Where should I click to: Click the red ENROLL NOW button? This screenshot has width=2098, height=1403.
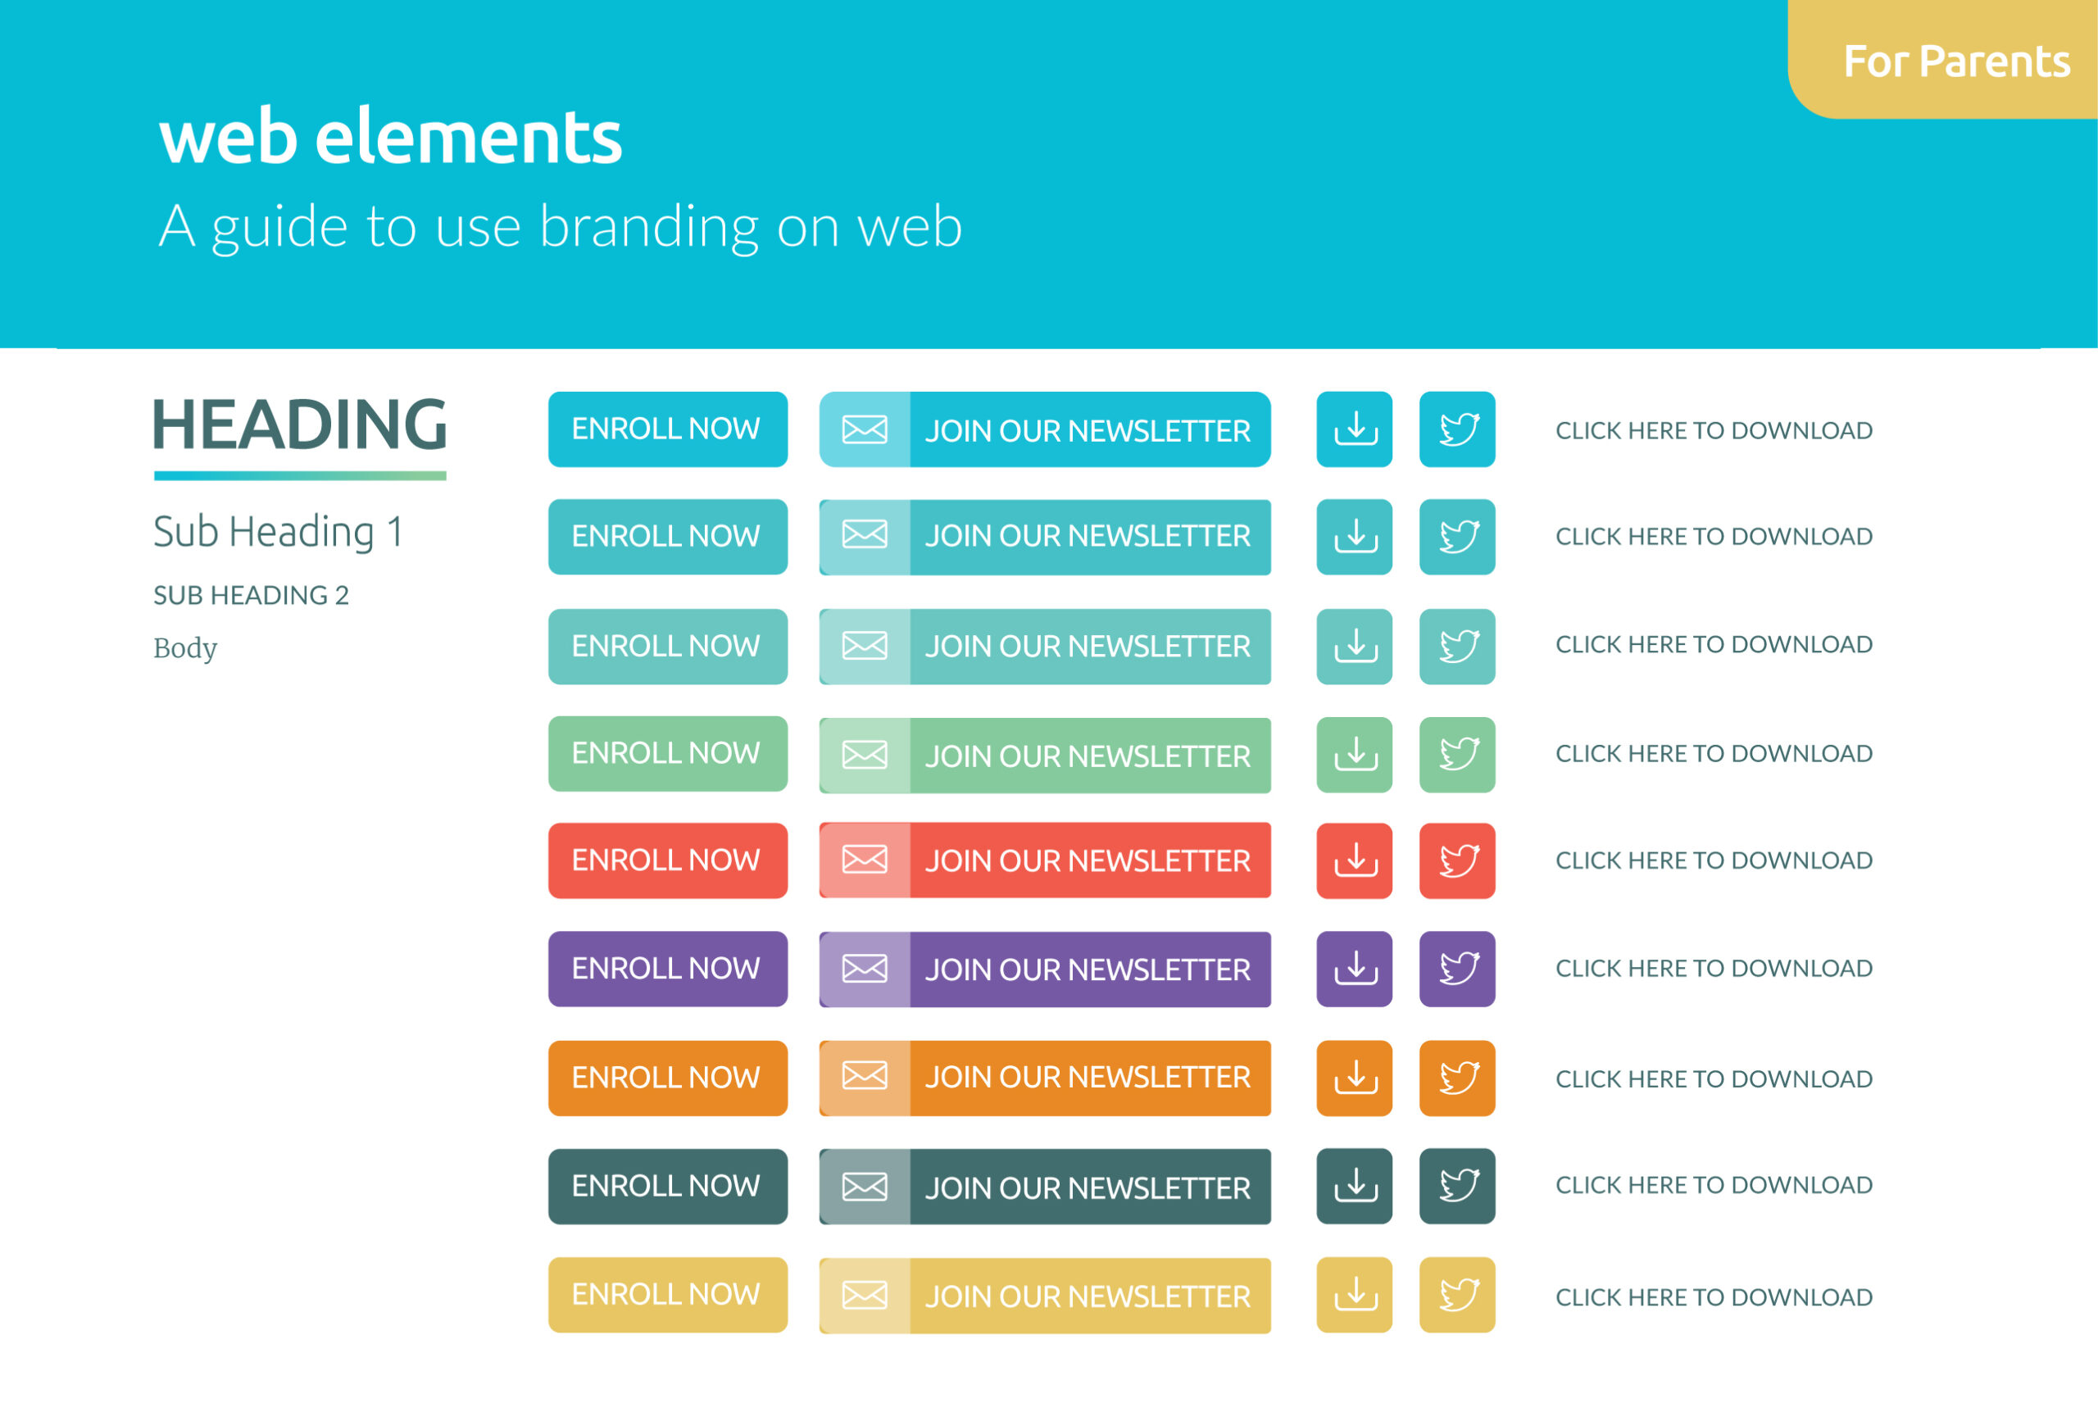pos(667,860)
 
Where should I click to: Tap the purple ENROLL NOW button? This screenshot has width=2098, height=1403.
pos(667,969)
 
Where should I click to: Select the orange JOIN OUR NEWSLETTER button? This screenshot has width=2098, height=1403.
pos(1045,1078)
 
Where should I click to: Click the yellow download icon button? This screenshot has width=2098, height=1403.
pos(1355,1295)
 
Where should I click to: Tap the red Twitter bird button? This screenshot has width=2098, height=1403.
pos(1457,860)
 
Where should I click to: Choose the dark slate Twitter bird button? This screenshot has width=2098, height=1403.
pos(1457,1187)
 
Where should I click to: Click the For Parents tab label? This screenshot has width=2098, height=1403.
pos(1957,61)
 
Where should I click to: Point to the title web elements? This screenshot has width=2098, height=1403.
pos(390,137)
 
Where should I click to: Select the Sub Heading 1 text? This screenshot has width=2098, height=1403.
pos(279,533)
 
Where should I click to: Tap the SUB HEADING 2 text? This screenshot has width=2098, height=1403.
pos(251,595)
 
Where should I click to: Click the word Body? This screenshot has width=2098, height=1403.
pos(185,647)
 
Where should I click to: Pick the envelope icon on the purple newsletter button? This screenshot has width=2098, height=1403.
pos(865,969)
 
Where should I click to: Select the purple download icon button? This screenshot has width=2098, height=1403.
pos(1355,969)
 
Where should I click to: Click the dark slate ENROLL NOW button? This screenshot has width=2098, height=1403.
pos(667,1187)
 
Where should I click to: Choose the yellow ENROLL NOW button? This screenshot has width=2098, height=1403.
pos(667,1295)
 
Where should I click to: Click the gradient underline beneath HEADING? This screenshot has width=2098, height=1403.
pos(300,476)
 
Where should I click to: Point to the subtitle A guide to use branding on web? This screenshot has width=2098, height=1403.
pos(560,226)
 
